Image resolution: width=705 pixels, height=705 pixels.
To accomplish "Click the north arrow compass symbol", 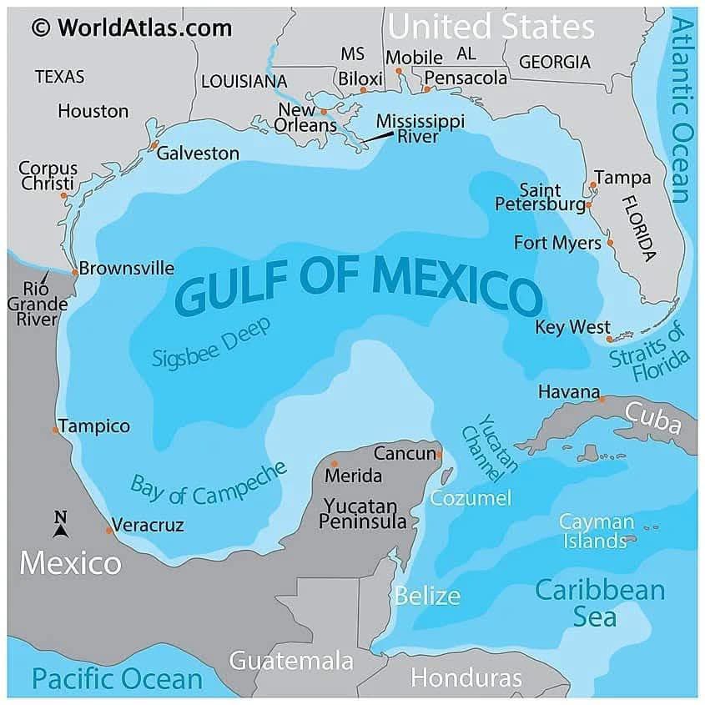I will [x=60, y=524].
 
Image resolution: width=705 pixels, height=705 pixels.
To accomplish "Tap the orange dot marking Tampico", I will [x=56, y=430].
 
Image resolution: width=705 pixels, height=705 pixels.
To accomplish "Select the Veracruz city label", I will [x=148, y=526].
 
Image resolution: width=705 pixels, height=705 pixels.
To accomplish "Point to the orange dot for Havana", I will [x=602, y=400].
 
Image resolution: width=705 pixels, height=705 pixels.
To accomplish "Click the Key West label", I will [x=572, y=327].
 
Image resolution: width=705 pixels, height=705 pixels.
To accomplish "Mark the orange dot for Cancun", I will [x=440, y=455].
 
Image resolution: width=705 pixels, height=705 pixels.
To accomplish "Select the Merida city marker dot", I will [x=335, y=464].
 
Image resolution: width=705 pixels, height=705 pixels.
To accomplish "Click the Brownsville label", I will [x=127, y=269].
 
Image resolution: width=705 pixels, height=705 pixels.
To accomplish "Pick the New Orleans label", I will [x=307, y=118].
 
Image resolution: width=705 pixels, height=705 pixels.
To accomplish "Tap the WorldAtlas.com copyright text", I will [x=132, y=28].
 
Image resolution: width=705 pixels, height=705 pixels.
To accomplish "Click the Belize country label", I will [x=427, y=596].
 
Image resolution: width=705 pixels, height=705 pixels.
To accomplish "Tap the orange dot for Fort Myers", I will [x=610, y=243].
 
